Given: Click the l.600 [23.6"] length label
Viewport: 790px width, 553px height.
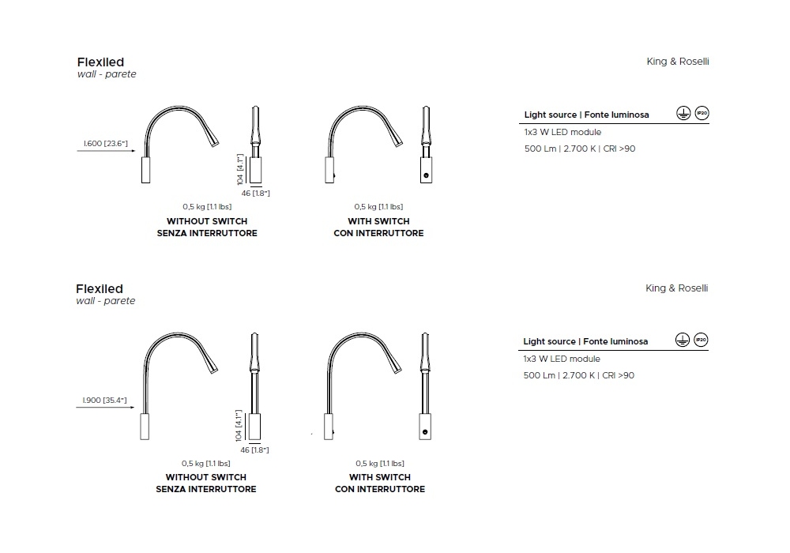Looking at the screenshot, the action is (106, 144).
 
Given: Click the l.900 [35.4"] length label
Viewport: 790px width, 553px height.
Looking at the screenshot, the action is (105, 401).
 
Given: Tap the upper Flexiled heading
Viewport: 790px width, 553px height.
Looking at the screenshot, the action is (100, 62).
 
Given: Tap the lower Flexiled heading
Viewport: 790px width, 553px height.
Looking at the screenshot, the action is (100, 288).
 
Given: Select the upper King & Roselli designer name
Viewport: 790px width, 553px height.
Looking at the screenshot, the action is (678, 62).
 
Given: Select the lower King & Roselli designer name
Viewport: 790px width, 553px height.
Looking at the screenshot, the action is (677, 288).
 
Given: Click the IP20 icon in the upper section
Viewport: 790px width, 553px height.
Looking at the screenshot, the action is (702, 113).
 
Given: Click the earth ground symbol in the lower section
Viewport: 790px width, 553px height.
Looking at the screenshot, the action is (683, 340).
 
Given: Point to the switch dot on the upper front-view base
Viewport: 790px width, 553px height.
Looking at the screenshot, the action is (427, 175).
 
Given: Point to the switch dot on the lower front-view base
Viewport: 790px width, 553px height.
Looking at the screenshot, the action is (425, 432).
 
